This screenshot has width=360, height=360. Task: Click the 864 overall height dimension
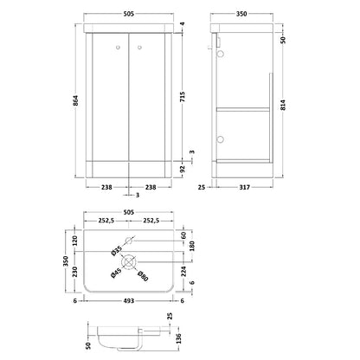click(75, 100)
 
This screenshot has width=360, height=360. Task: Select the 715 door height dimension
click(183, 97)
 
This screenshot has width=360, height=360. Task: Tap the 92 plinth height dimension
click(183, 168)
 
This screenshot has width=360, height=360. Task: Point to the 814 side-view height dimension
click(283, 105)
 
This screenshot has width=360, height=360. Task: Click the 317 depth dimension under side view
click(244, 187)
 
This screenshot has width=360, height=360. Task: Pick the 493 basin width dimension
click(129, 301)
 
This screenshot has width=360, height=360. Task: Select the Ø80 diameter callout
click(143, 276)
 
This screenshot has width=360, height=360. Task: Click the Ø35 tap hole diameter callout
click(117, 250)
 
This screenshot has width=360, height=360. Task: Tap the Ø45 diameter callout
click(117, 273)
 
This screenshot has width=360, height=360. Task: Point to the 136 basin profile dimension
click(178, 338)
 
